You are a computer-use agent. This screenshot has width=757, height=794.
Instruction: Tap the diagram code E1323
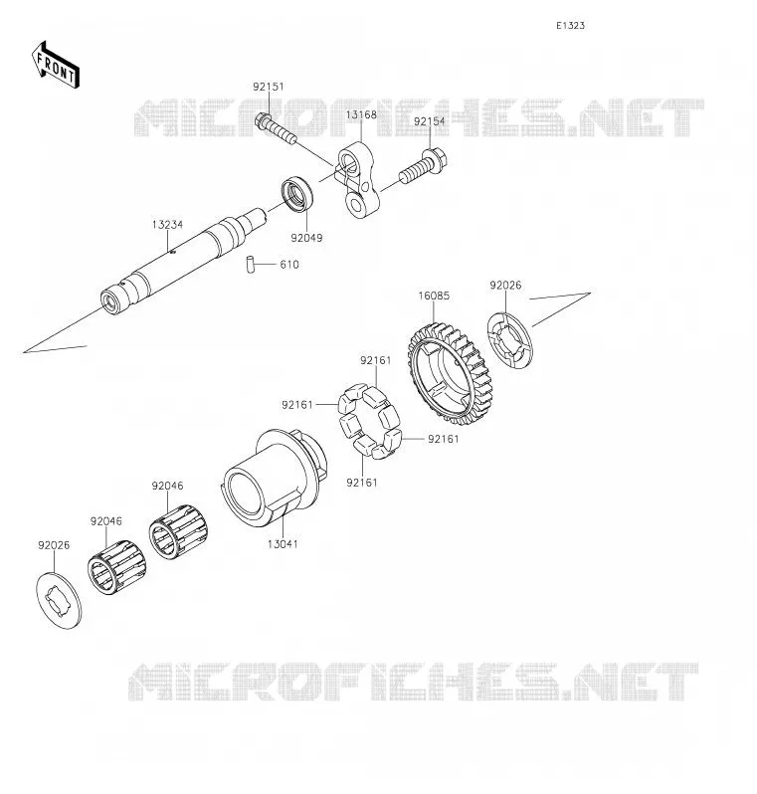click(570, 25)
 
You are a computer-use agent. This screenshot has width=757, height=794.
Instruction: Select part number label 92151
click(269, 87)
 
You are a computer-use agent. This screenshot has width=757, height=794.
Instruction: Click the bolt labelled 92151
click(276, 128)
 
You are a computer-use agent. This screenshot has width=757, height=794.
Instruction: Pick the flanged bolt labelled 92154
click(423, 165)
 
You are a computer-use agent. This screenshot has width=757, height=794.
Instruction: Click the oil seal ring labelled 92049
click(297, 193)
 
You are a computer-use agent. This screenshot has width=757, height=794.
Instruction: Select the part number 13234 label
click(167, 224)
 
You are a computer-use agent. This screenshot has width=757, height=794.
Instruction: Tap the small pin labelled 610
click(250, 265)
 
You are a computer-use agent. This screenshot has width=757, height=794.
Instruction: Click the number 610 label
click(289, 265)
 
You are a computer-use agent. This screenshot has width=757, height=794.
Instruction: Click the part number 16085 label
click(434, 296)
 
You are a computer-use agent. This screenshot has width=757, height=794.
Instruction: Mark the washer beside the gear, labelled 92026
click(509, 341)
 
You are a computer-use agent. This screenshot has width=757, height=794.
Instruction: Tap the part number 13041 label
click(283, 544)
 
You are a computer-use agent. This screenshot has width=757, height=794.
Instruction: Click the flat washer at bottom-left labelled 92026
click(59, 601)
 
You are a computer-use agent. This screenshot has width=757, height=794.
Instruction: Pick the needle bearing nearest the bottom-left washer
click(117, 566)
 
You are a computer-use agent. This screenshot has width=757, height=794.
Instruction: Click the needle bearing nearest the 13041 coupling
click(179, 531)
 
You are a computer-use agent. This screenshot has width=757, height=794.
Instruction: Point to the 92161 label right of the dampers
click(443, 439)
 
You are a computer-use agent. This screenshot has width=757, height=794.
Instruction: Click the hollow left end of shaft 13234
click(109, 301)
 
